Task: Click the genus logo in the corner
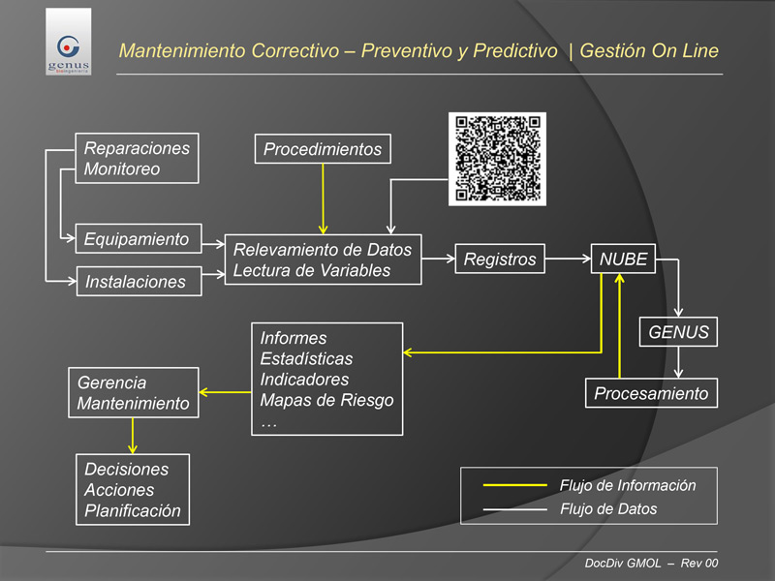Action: click(x=68, y=42)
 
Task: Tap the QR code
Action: click(x=497, y=159)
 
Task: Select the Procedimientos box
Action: click(x=323, y=149)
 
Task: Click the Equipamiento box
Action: click(x=139, y=238)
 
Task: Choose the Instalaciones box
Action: click(x=139, y=281)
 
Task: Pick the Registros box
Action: click(x=500, y=259)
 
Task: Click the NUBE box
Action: click(x=623, y=259)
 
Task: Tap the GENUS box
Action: click(x=678, y=331)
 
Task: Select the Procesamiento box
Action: click(x=651, y=393)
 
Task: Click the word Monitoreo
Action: click(x=122, y=168)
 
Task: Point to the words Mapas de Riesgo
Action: click(x=326, y=400)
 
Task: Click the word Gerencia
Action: click(x=111, y=382)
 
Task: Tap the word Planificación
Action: click(x=133, y=510)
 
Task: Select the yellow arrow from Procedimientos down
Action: click(x=323, y=199)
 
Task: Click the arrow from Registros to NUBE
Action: click(x=568, y=259)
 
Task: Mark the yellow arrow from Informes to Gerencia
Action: click(x=225, y=392)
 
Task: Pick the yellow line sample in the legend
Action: click(x=514, y=485)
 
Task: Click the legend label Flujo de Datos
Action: click(x=608, y=509)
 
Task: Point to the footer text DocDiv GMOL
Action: click(x=623, y=564)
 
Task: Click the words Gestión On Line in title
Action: click(x=649, y=50)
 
